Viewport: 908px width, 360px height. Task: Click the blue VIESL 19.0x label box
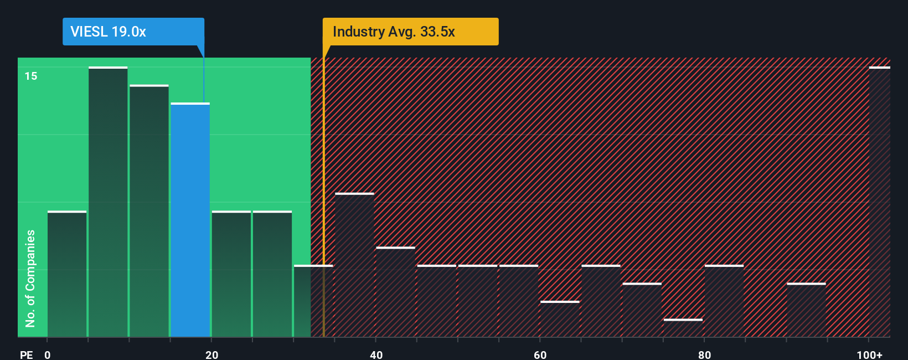click(133, 32)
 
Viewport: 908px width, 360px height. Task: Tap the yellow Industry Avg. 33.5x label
click(410, 32)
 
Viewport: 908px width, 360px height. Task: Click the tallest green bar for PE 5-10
click(108, 202)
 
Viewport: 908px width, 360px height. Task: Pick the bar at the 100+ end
click(879, 202)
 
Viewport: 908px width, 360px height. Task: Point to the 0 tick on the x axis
click(48, 354)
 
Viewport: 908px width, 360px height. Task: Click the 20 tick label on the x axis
click(211, 354)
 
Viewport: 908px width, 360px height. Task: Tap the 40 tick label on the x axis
click(376, 354)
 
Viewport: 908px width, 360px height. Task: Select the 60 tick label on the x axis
click(540, 354)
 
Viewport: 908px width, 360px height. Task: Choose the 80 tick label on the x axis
click(704, 354)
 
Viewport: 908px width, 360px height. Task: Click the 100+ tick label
click(870, 354)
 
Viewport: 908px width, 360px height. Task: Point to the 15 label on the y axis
click(31, 76)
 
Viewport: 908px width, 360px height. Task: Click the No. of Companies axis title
click(30, 278)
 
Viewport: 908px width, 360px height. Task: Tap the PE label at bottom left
click(26, 354)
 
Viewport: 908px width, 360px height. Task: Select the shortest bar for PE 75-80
click(683, 328)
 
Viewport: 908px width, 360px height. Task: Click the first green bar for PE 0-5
click(67, 274)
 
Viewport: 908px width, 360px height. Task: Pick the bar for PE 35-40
click(355, 265)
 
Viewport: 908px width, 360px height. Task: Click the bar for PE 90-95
click(806, 310)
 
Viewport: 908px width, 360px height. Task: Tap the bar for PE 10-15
click(149, 211)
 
